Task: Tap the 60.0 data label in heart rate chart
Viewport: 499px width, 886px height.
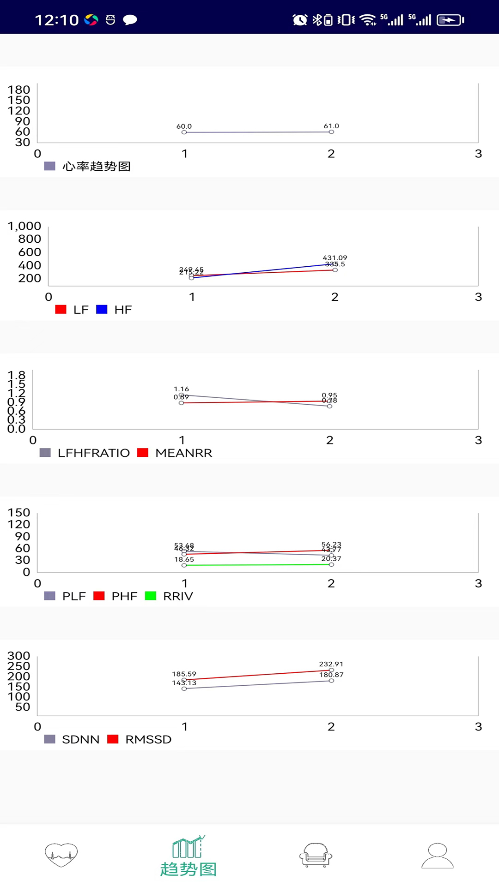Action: [x=184, y=126]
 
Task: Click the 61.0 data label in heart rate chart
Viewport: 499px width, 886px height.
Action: [x=331, y=126]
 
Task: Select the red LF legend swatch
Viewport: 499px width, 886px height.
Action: [x=61, y=310]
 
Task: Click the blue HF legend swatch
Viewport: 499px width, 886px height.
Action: [x=102, y=310]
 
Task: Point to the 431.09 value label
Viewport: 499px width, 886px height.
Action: [x=335, y=257]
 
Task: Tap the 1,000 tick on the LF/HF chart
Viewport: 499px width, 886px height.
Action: [x=24, y=226]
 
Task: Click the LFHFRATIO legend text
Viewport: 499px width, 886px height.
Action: [x=94, y=453]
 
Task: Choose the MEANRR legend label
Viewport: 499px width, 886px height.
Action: [x=184, y=453]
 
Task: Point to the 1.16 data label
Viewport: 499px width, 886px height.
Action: [x=182, y=389]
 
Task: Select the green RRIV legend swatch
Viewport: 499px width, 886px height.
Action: [x=151, y=596]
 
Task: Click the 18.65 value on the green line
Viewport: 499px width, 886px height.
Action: [x=184, y=559]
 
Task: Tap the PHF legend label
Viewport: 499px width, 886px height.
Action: [x=124, y=596]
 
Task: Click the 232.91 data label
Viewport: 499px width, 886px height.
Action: [x=331, y=664]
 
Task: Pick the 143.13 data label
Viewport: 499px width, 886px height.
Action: [x=184, y=683]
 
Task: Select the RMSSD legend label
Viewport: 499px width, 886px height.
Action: [x=148, y=740]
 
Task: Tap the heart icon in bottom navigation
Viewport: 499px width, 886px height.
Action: [x=61, y=855]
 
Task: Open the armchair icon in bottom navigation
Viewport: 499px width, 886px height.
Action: [x=316, y=855]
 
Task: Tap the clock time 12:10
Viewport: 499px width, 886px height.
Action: [x=57, y=20]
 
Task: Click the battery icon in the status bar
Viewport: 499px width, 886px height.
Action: [x=450, y=20]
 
